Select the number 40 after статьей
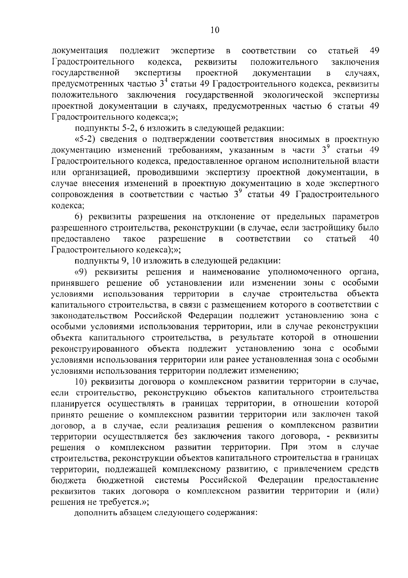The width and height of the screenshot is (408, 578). pyautogui.click(x=374, y=239)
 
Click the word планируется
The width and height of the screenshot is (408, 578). pyautogui.click(x=75, y=404)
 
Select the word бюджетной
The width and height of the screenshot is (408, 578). pyautogui.click(x=120, y=480)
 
